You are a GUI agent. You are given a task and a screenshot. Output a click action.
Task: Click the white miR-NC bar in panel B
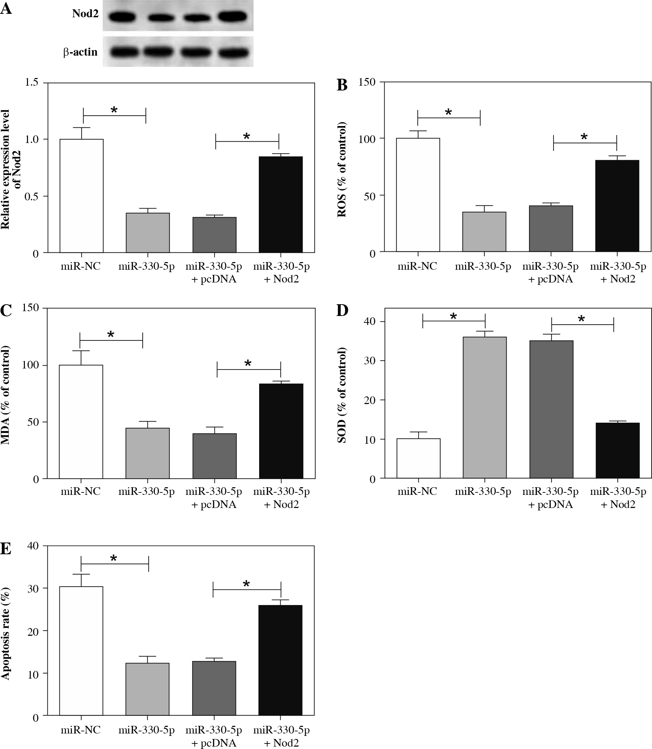pyautogui.click(x=418, y=195)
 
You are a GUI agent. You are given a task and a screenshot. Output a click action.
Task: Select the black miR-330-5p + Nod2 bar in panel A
pyautogui.click(x=281, y=204)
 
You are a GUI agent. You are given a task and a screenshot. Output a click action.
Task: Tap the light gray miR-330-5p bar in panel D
pyautogui.click(x=485, y=407)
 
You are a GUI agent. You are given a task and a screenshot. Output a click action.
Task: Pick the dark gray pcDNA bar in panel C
pyautogui.click(x=214, y=456)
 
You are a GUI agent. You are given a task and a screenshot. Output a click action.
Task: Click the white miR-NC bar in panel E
pyautogui.click(x=81, y=651)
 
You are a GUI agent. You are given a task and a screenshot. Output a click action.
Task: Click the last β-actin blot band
pyautogui.click(x=233, y=52)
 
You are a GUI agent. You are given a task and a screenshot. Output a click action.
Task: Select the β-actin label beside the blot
pyautogui.click(x=81, y=52)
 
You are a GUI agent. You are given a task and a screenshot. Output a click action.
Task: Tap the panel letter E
pyautogui.click(x=6, y=548)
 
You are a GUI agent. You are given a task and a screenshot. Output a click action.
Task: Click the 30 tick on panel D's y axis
pyautogui.click(x=371, y=361)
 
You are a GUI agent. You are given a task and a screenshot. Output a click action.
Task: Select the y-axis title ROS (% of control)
pyautogui.click(x=342, y=170)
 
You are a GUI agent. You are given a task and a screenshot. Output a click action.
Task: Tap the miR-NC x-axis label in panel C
pyautogui.click(x=81, y=492)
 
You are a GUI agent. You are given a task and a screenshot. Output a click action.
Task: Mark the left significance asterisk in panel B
pyautogui.click(x=448, y=112)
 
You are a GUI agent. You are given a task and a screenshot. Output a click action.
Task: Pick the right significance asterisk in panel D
pyautogui.click(x=581, y=319)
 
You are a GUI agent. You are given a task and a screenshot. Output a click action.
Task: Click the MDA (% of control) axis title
pyautogui.click(x=6, y=395)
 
